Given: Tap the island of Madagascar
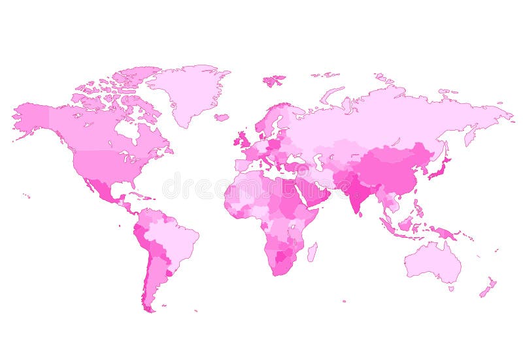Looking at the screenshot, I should click(312, 252).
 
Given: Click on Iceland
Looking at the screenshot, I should click(222, 118).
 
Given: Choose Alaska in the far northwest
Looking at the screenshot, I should click(33, 118).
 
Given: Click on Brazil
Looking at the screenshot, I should click(173, 238).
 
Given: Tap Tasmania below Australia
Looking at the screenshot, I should click(450, 288).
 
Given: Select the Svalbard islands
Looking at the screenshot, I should click(275, 80).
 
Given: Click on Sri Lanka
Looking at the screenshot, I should click(363, 216).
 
